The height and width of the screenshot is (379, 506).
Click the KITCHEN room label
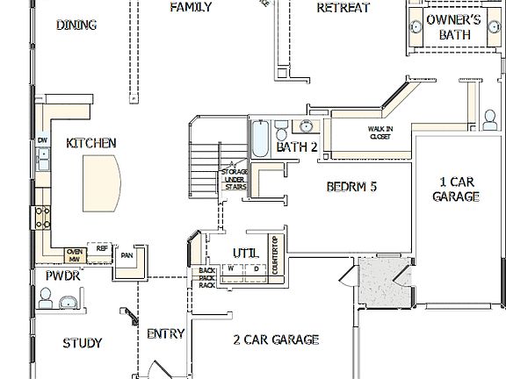tap(91, 142)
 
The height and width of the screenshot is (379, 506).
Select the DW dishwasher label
tap(41, 140)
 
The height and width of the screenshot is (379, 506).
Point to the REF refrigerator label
tap(102, 249)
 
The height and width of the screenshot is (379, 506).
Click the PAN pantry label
tap(127, 255)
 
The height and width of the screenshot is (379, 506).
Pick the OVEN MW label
tap(75, 254)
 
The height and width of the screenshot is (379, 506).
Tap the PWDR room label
tap(63, 275)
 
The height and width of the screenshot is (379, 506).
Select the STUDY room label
tap(83, 342)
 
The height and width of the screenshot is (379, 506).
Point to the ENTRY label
tap(165, 333)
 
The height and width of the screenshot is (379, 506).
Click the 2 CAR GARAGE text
tap(276, 340)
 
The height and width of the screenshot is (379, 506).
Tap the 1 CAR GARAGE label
tap(457, 190)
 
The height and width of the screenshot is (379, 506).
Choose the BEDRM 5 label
tap(351, 186)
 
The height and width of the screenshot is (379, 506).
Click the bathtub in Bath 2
tap(262, 140)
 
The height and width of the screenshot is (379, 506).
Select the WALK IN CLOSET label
tap(380, 132)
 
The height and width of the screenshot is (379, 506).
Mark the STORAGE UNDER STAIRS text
tap(235, 176)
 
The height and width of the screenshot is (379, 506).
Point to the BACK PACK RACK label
tap(207, 278)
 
